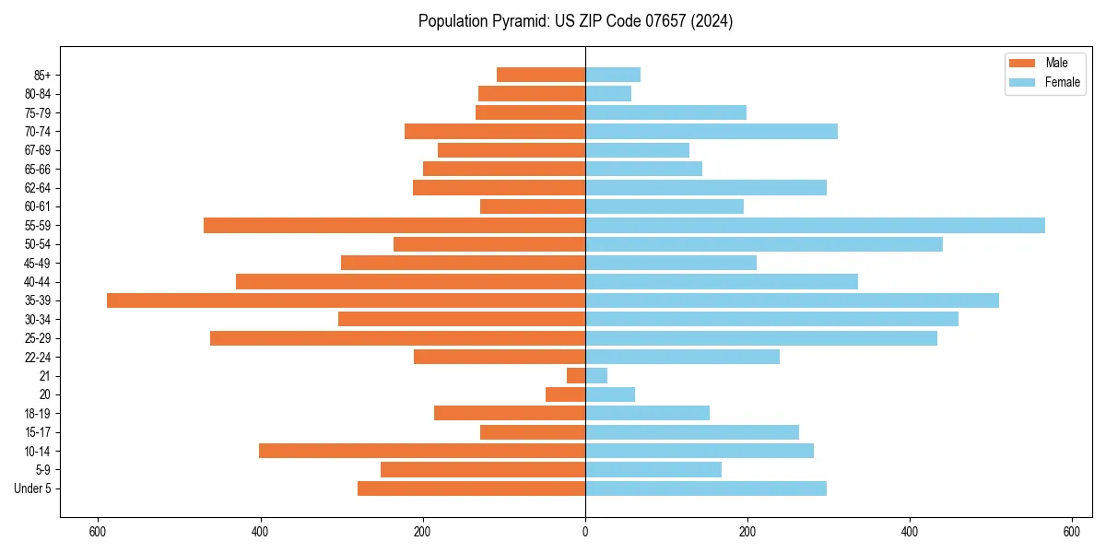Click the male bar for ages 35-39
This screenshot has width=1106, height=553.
tap(346, 300)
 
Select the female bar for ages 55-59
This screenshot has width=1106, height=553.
tap(815, 225)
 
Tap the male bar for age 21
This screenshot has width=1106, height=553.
tap(576, 376)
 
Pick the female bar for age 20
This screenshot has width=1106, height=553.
tap(610, 394)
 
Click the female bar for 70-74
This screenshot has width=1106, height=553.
tap(712, 131)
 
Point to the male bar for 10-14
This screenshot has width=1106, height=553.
tap(422, 451)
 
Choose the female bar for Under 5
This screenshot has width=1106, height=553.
tap(706, 488)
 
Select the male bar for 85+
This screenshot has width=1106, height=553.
tap(541, 75)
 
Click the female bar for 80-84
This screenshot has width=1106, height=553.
tap(608, 93)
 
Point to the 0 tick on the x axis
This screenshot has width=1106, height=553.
tap(585, 532)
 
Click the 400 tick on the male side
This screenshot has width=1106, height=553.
tap(261, 532)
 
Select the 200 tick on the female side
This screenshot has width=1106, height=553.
tap(747, 532)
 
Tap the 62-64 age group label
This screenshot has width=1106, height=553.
tap(38, 188)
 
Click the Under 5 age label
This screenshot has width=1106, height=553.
tap(32, 488)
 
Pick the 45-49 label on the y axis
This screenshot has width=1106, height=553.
tap(38, 263)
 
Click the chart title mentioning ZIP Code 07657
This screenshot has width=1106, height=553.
tap(575, 21)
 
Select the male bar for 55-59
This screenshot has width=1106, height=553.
tap(394, 225)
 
